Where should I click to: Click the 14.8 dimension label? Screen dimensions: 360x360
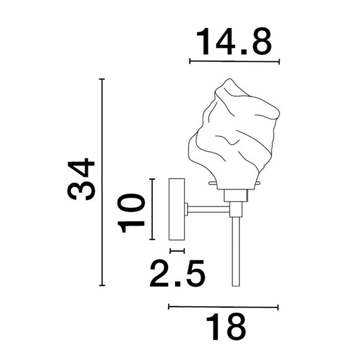234,42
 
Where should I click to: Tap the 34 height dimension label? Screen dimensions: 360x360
81,179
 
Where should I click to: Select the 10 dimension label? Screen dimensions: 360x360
131,213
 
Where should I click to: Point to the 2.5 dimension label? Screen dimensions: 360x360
177,273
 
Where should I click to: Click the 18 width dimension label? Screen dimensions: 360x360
226,327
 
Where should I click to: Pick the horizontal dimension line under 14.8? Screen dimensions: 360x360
234,61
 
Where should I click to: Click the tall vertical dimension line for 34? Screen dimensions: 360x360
102,182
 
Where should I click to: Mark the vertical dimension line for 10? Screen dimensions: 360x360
152,209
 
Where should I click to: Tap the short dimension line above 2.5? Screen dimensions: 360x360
177,251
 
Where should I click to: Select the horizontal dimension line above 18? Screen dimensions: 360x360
223,307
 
